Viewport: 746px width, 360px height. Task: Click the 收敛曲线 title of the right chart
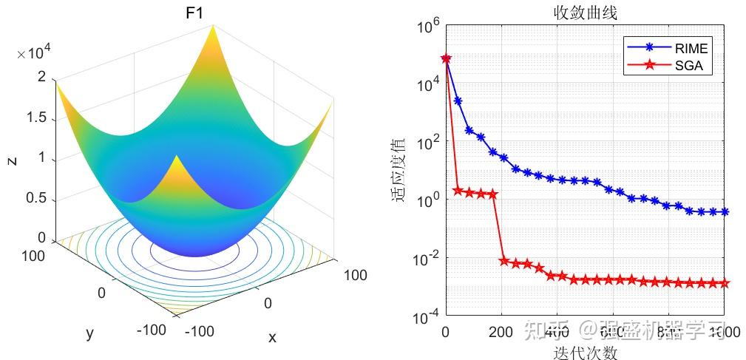click(585, 13)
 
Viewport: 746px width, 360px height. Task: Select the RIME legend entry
click(691, 48)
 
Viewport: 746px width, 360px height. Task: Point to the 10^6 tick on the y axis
click(428, 29)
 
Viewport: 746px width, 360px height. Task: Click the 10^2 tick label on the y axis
click(428, 143)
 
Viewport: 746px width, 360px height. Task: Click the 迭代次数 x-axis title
click(585, 353)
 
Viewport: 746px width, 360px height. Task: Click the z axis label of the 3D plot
click(13, 159)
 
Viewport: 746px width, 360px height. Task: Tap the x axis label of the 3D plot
click(272, 337)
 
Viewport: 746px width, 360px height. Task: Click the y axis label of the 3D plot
click(90, 333)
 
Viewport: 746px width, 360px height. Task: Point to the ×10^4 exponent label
click(34, 53)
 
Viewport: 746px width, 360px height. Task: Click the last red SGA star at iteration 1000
click(725, 283)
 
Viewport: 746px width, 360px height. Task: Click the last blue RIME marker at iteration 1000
click(725, 212)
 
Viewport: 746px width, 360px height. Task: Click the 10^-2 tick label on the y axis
click(428, 259)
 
